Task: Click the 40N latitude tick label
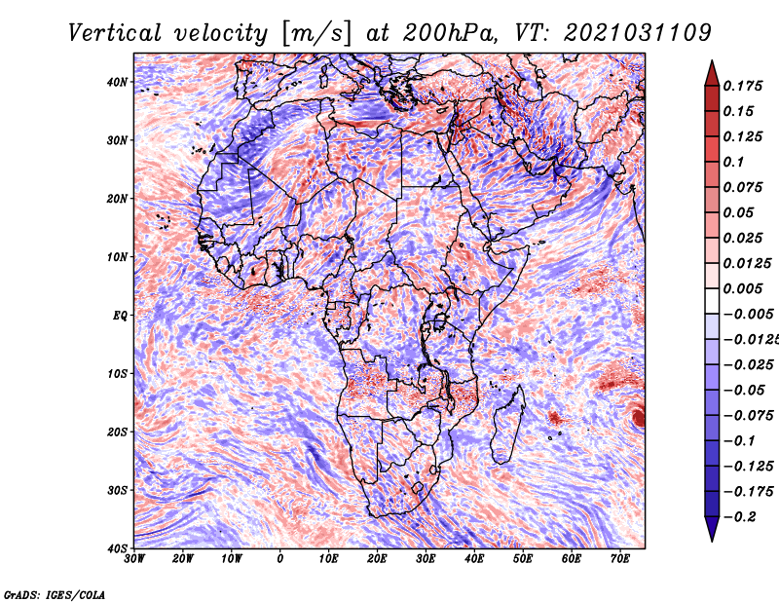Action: tap(117, 82)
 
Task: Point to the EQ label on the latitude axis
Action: tap(120, 316)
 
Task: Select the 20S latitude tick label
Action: tap(117, 432)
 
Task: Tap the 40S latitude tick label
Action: tap(117, 548)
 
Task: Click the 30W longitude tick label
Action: tap(134, 559)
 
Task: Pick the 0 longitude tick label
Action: tap(280, 559)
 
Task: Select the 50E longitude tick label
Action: tap(523, 559)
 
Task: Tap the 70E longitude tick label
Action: tap(620, 559)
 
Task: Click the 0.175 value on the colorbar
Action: tap(743, 86)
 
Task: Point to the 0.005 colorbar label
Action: tap(743, 288)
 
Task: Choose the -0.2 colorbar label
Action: tap(740, 516)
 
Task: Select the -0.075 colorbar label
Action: tap(748, 415)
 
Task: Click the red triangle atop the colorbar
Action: tap(712, 74)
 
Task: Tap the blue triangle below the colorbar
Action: tap(712, 529)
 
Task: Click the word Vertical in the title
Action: tap(114, 33)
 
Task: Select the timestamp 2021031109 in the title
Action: tap(638, 33)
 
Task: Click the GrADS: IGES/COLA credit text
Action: tap(55, 595)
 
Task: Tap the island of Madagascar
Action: tap(507, 425)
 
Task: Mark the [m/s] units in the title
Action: tap(316, 34)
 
